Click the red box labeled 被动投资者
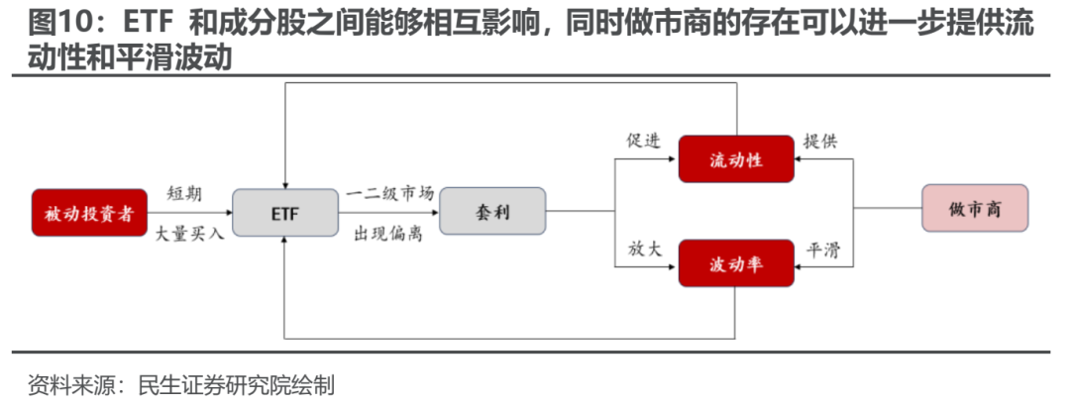(89, 212)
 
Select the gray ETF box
(284, 212)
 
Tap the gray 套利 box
(492, 211)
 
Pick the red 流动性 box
(735, 158)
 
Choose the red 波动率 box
(735, 263)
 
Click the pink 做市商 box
(974, 209)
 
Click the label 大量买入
(190, 235)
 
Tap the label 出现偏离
(390, 235)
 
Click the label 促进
(643, 141)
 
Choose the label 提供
(820, 141)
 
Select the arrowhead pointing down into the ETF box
(284, 181)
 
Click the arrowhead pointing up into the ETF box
(284, 242)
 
